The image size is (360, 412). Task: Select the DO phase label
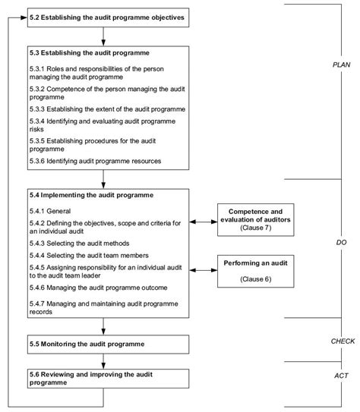(x=341, y=242)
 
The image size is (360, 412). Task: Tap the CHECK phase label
(x=343, y=342)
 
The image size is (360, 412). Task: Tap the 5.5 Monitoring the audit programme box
(x=103, y=344)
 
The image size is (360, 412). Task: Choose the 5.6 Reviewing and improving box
(x=103, y=379)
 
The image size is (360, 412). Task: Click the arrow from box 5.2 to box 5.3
(x=103, y=35)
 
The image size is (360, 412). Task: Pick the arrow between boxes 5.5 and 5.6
(x=103, y=362)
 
